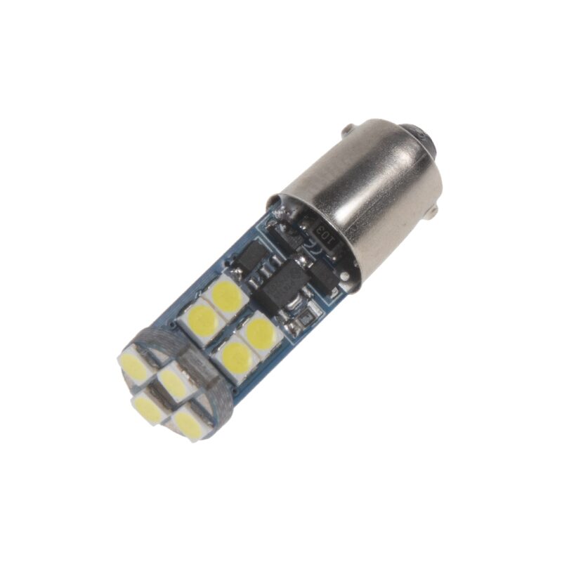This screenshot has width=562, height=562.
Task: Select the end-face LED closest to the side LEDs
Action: pyautogui.click(x=171, y=380)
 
